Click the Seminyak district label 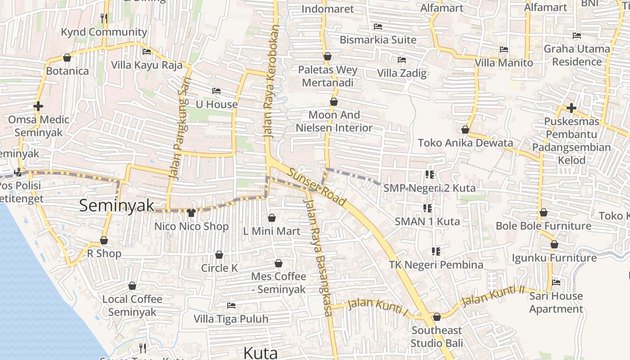(x=117, y=206)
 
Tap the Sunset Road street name (x=317, y=186)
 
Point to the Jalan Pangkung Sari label (x=181, y=129)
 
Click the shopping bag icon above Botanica (x=67, y=58)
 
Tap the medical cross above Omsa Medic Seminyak (x=38, y=107)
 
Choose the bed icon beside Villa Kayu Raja (x=147, y=52)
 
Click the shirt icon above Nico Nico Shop (x=191, y=212)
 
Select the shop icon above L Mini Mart (x=272, y=218)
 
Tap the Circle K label (x=219, y=268)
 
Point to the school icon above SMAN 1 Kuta (x=427, y=208)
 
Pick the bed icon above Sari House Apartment (x=556, y=283)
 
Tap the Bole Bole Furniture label (x=543, y=225)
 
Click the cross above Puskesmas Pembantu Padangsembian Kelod (x=571, y=108)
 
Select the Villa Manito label (x=504, y=63)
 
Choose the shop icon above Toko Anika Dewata (x=465, y=130)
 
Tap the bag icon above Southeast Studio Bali (x=436, y=317)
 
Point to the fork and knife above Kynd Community (x=104, y=18)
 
